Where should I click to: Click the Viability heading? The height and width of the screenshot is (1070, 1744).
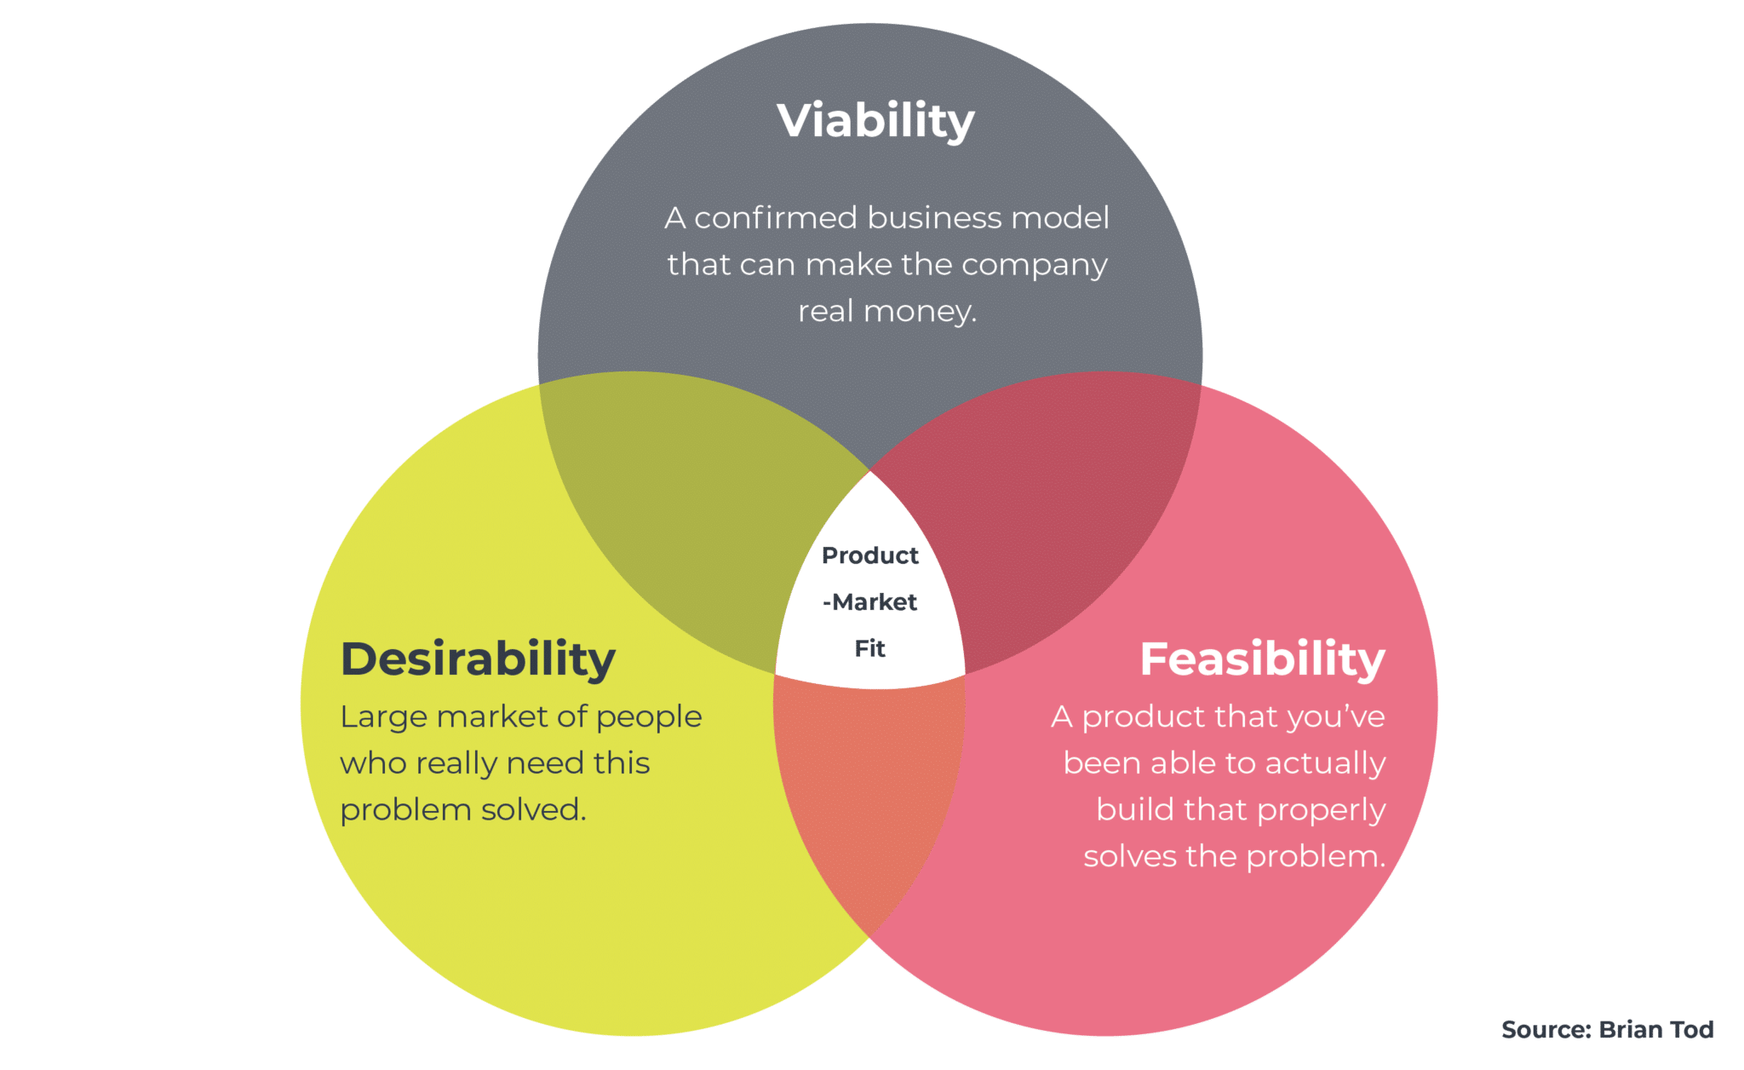875,121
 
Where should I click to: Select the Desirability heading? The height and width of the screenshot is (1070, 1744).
478,659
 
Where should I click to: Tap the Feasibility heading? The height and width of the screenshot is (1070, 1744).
1263,659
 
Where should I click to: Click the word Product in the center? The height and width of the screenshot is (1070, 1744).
870,555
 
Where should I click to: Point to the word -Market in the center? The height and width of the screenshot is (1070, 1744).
870,602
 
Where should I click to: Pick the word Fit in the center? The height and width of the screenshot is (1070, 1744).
870,649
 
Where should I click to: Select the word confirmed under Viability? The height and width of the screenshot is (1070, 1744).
776,218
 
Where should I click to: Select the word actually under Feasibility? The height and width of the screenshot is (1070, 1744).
1326,764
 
